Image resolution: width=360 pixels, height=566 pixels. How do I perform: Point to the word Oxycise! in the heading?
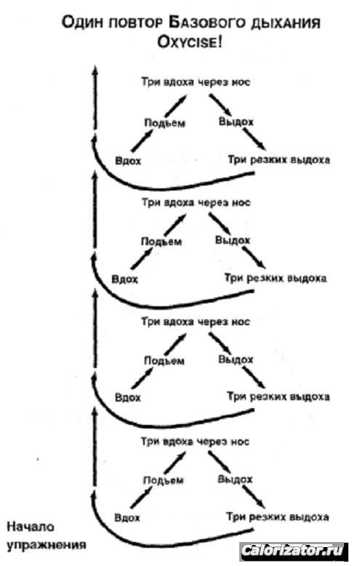(x=190, y=43)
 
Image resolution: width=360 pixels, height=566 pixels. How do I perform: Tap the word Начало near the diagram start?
(x=31, y=527)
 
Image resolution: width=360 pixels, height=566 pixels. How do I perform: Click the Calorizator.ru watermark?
(x=292, y=551)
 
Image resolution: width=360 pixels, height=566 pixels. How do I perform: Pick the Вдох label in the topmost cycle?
(x=128, y=160)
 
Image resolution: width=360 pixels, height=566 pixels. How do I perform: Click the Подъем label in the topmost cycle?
(x=165, y=123)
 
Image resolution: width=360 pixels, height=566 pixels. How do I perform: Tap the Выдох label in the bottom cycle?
(x=235, y=479)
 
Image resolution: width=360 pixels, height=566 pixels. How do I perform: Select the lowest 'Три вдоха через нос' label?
(x=195, y=442)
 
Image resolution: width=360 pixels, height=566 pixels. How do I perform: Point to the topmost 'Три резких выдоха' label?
(x=279, y=159)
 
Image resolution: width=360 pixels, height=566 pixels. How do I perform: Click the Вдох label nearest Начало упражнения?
(x=127, y=518)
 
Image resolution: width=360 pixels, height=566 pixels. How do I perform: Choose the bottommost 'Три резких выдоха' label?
(x=277, y=517)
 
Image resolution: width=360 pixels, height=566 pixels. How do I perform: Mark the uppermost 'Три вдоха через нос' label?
(x=196, y=82)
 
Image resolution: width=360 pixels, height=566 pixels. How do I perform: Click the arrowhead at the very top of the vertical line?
(x=95, y=70)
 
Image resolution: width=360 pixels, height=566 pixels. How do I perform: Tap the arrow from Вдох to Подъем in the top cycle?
(x=142, y=140)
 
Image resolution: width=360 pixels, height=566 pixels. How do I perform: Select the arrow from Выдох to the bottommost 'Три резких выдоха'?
(x=254, y=497)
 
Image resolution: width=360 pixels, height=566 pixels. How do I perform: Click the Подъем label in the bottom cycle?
(x=164, y=480)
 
